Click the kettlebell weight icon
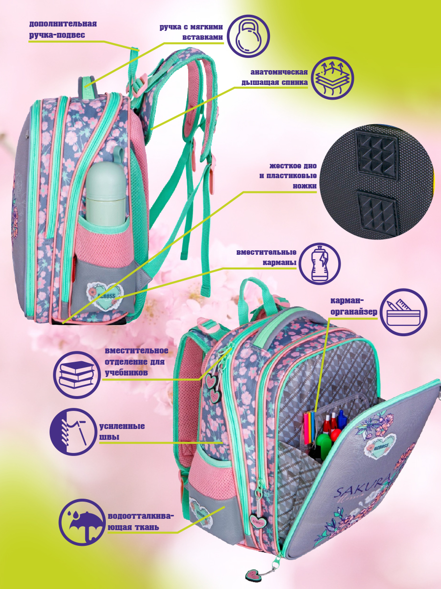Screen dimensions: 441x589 [248, 36]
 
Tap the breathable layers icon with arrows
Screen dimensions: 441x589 [333, 79]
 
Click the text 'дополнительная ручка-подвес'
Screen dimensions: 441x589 [63, 29]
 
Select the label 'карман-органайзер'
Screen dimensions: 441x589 [354, 306]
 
